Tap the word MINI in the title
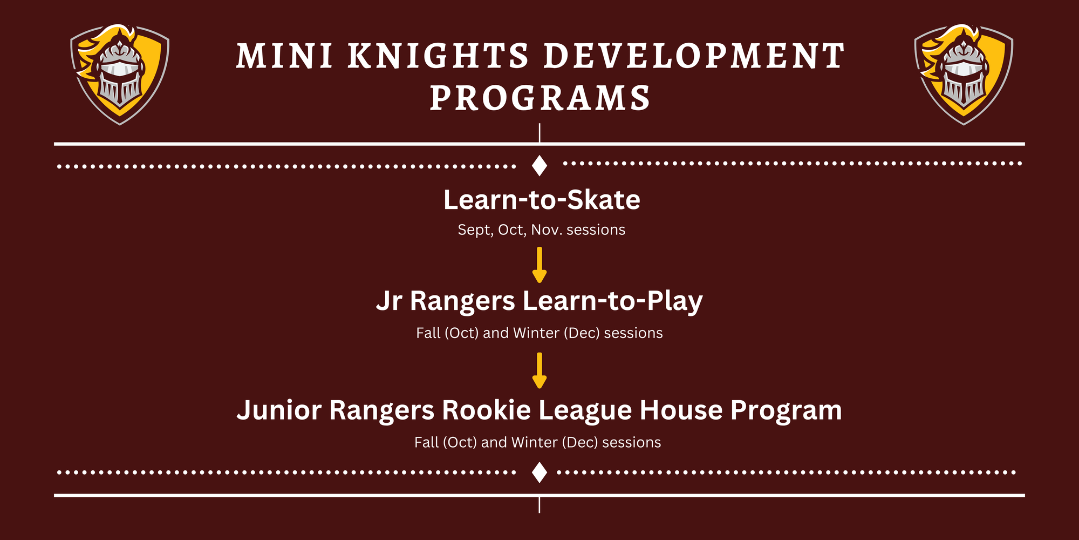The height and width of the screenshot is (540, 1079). coord(285,56)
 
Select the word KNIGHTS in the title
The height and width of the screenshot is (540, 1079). coord(438,56)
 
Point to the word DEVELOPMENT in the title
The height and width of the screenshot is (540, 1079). coord(694,56)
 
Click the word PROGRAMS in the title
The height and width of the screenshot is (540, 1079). coord(540,98)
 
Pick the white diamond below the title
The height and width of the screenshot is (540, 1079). coord(539,165)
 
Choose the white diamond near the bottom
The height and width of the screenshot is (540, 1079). coord(539,473)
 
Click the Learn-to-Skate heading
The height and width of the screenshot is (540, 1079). coord(542,200)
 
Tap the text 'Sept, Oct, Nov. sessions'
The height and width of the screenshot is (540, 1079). coord(541,230)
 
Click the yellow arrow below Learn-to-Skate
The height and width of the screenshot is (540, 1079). coord(539,265)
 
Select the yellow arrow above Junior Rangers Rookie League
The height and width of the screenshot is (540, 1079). coord(539,370)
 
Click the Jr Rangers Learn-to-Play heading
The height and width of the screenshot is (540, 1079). coord(539,301)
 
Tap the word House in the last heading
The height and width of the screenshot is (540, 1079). coord(681,410)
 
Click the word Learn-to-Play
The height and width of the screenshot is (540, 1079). coord(613,301)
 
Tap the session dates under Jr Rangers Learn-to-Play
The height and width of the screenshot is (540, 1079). coord(539,333)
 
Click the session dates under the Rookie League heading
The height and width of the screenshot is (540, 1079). coord(537,443)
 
